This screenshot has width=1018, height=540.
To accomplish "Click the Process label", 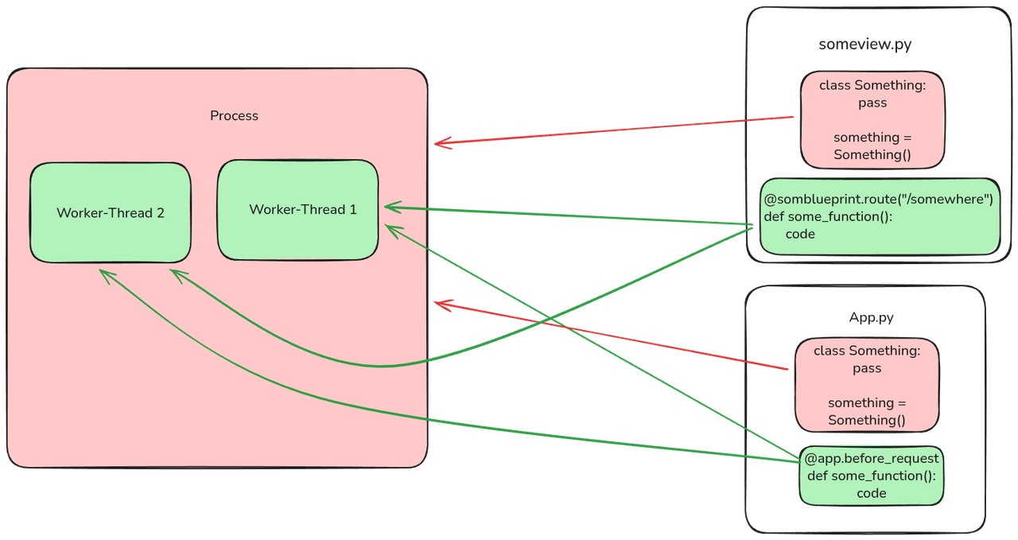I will click(234, 116).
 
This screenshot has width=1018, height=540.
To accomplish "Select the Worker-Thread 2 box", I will click(110, 213).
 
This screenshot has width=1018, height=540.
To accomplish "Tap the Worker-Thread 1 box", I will click(298, 210).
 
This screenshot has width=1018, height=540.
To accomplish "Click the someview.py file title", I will click(865, 45).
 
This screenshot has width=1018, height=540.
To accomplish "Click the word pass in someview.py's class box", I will click(872, 103).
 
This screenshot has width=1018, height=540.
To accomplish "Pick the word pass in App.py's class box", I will click(867, 368).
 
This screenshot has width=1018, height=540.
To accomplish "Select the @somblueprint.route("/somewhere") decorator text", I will click(878, 199).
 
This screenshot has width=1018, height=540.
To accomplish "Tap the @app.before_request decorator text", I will click(872, 459).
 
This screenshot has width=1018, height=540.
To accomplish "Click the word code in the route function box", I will click(800, 234).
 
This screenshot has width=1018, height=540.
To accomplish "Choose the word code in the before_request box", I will click(871, 493).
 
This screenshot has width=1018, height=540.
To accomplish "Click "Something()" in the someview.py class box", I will click(872, 154).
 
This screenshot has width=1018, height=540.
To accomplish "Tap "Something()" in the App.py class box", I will click(867, 420).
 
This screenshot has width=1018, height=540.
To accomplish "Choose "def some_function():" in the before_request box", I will click(872, 476).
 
